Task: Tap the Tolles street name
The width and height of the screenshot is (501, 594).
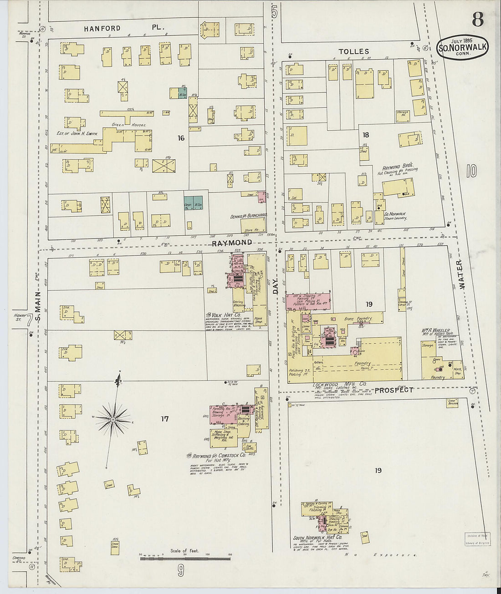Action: tap(353, 51)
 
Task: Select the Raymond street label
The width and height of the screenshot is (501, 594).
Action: tap(232, 243)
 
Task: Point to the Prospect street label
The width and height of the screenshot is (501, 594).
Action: tap(394, 390)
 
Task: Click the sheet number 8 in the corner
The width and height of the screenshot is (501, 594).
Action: tap(477, 19)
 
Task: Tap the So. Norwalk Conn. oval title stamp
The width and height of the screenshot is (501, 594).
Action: tap(462, 47)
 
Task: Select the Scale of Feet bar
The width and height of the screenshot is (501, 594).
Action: tap(184, 556)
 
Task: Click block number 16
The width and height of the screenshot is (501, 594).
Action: tap(181, 137)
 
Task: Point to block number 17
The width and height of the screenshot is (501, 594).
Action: tap(164, 418)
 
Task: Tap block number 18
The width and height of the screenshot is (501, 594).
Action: tap(365, 135)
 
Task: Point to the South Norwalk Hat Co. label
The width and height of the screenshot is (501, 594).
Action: tap(317, 538)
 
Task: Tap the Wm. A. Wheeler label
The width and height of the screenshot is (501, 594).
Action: tap(435, 330)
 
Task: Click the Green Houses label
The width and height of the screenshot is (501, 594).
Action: tap(129, 125)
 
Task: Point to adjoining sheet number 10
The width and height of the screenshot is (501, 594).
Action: tap(471, 171)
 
